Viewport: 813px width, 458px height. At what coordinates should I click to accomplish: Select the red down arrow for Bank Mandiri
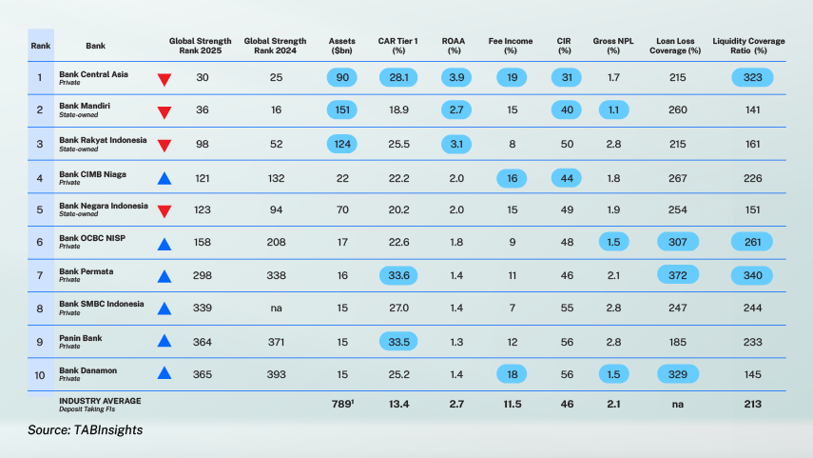point(164,112)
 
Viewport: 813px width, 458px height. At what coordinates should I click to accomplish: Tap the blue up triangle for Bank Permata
point(164,277)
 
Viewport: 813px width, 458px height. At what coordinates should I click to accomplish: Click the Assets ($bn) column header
point(341,46)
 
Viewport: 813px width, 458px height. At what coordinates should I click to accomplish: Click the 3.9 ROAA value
point(455,77)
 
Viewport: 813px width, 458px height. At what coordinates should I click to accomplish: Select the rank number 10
point(40,374)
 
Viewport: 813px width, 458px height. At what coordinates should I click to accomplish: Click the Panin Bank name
point(82,338)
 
